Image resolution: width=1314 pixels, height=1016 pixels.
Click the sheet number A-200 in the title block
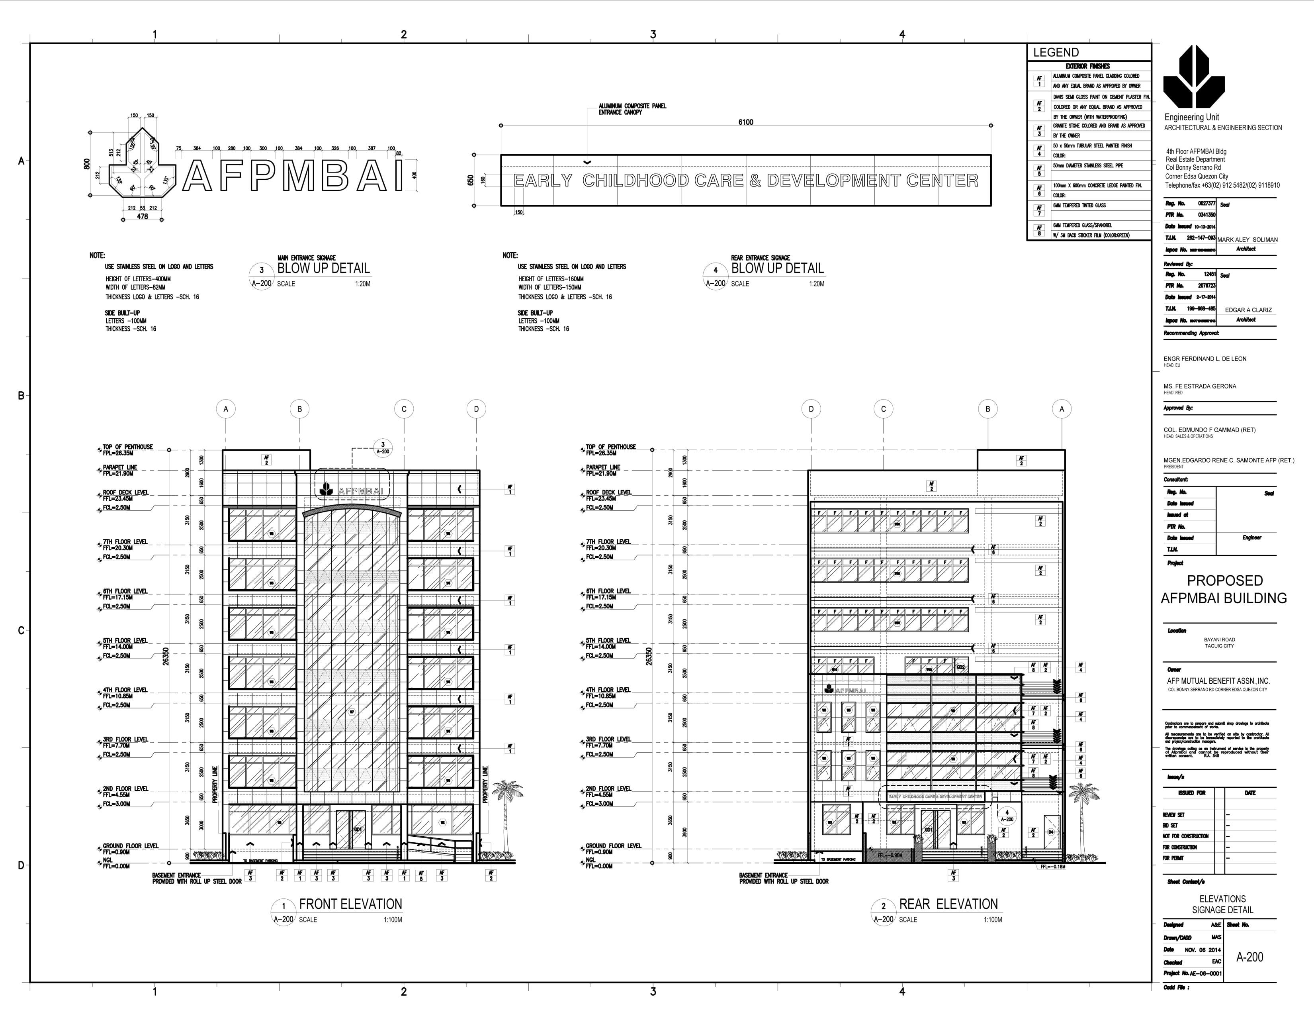(x=1249, y=957)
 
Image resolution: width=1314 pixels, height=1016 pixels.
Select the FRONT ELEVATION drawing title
(x=350, y=904)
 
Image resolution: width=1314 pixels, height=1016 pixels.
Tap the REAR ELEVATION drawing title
(x=948, y=904)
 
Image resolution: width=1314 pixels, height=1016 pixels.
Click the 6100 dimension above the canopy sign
(x=745, y=122)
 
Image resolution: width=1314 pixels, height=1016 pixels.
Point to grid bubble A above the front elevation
(x=226, y=409)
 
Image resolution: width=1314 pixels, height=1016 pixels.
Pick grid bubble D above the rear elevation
(x=811, y=409)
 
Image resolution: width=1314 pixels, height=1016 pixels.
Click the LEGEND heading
(x=1056, y=52)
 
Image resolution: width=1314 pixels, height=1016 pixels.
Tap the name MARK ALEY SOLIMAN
(x=1247, y=239)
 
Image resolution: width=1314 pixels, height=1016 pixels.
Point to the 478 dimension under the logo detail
(x=142, y=216)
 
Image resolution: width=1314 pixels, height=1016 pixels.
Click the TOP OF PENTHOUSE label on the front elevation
(x=127, y=447)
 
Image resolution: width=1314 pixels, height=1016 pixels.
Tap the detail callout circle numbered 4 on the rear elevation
(x=1007, y=816)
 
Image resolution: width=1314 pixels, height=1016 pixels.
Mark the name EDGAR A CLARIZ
(x=1248, y=310)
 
